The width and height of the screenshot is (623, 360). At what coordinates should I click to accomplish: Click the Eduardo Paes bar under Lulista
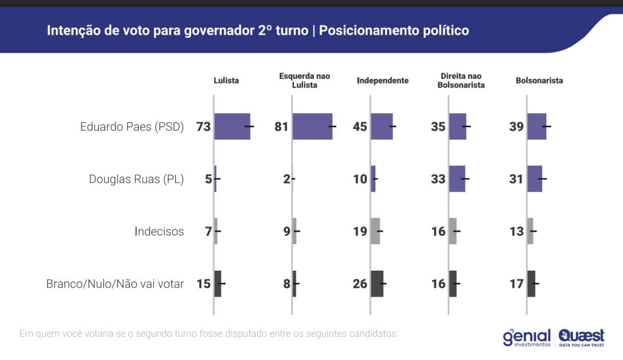(232, 126)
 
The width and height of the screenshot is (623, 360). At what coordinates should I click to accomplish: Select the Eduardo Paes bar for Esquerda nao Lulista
(313, 126)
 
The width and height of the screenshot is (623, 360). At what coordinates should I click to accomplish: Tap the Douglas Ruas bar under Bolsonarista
(535, 179)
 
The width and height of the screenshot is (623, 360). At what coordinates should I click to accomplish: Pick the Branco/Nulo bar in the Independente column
(377, 283)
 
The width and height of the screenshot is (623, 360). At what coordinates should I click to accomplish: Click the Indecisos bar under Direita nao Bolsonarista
(453, 231)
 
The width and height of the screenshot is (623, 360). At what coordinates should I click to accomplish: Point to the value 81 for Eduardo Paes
(282, 126)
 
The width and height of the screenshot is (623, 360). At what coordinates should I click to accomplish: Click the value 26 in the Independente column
(360, 283)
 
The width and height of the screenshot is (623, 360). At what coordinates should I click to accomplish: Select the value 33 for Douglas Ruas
(438, 179)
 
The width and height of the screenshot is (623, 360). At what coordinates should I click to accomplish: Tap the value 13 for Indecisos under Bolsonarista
(517, 231)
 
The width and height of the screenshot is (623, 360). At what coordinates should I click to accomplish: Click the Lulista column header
(226, 80)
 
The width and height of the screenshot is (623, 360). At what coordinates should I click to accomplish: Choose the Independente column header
(383, 80)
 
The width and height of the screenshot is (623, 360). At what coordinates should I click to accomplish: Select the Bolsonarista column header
(539, 80)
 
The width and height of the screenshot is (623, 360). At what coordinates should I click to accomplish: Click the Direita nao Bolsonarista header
(461, 80)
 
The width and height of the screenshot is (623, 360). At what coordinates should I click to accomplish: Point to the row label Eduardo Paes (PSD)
(132, 127)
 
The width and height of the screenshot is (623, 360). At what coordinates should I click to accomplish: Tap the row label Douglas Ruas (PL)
(136, 179)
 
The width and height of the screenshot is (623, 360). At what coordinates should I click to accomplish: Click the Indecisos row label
(159, 232)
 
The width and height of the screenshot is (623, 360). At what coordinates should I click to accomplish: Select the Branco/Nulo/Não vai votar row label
(115, 284)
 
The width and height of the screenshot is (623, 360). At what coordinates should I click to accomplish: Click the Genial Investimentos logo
(527, 337)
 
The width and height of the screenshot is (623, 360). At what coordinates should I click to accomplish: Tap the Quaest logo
(582, 337)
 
